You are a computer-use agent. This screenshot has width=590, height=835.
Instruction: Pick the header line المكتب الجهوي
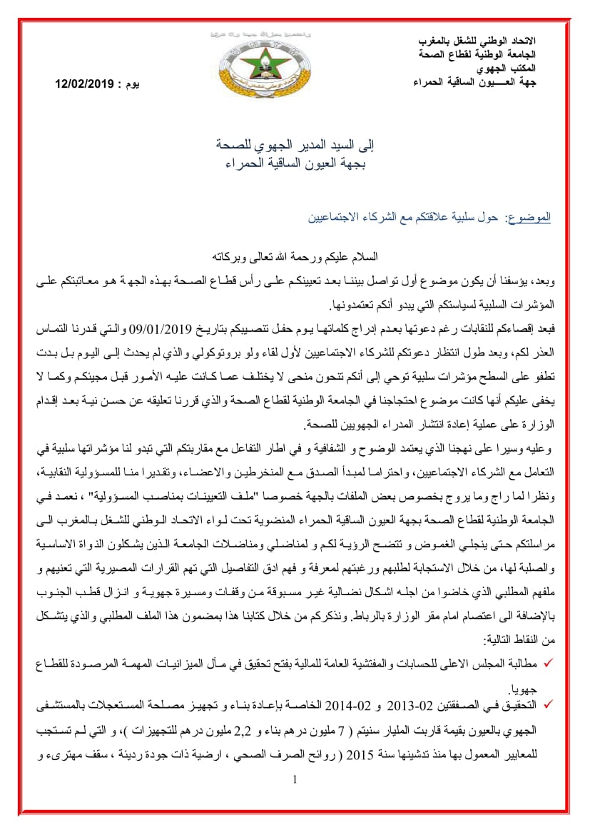(508, 69)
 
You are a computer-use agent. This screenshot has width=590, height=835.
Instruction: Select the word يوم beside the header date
(132, 85)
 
